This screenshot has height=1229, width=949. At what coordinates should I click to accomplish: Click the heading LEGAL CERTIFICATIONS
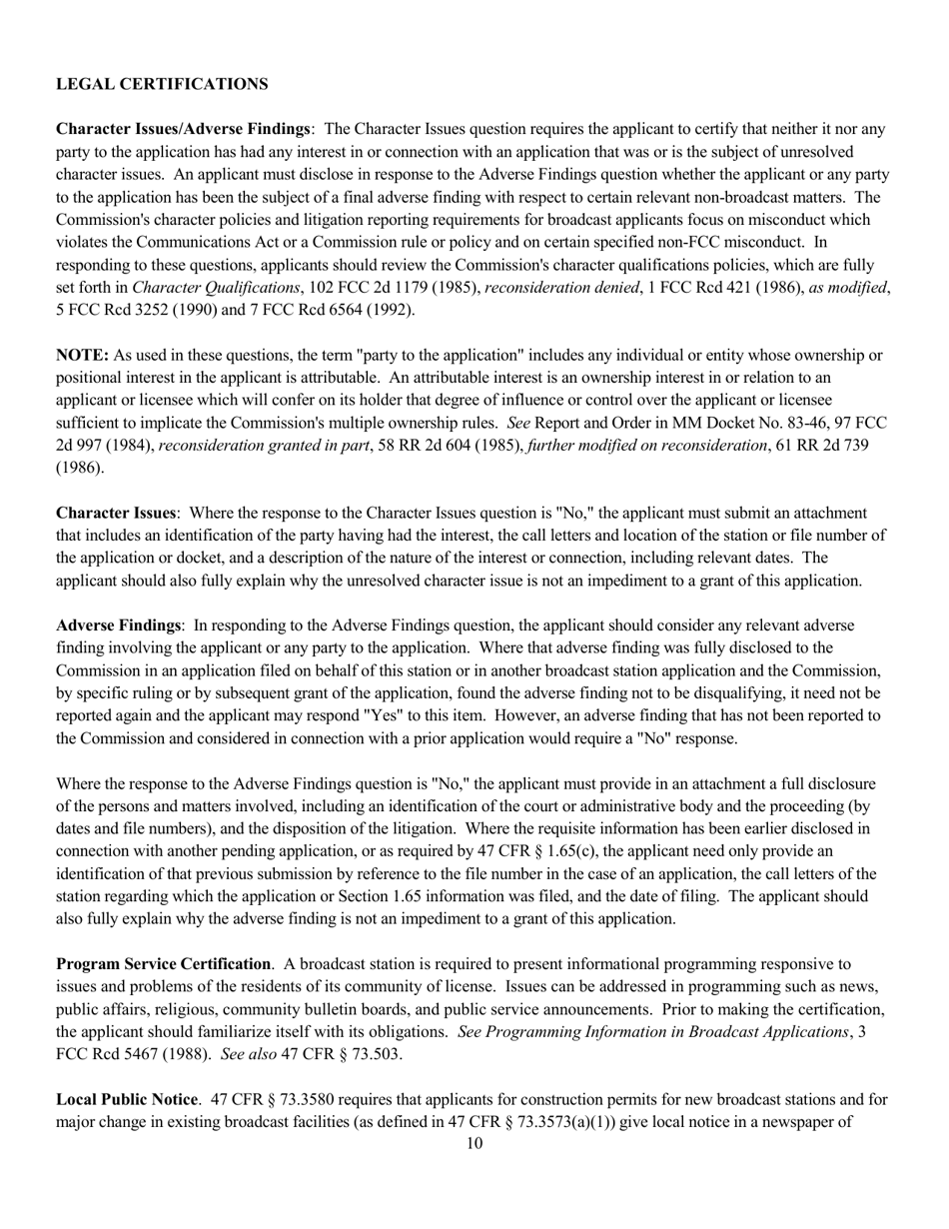(x=162, y=84)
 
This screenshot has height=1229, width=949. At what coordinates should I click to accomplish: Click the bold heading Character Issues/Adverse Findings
(x=184, y=129)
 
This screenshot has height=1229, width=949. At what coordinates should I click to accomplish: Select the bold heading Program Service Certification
(x=163, y=964)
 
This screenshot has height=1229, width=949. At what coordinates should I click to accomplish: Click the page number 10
(x=474, y=1144)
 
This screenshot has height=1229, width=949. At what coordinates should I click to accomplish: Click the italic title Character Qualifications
(x=205, y=288)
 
